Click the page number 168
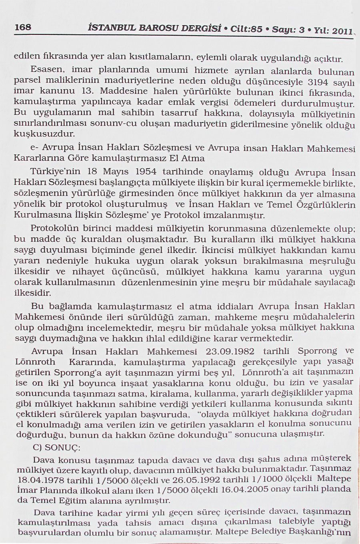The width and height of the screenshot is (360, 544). tap(22, 26)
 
